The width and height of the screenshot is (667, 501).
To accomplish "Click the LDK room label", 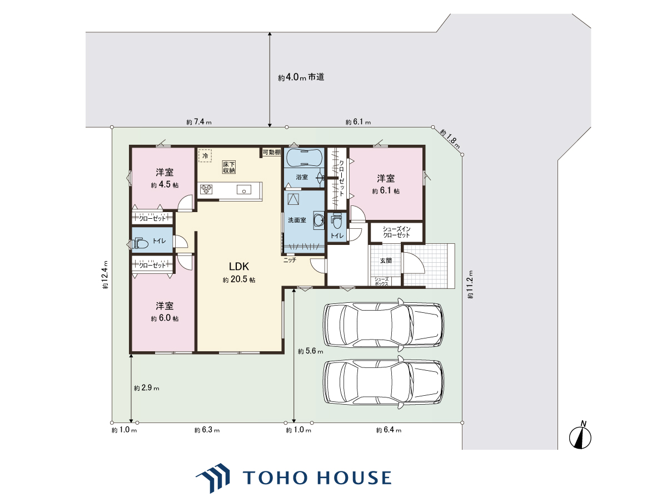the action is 239,267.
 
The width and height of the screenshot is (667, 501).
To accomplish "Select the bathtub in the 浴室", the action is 304,157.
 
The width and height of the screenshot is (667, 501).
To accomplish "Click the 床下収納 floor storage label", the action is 229,168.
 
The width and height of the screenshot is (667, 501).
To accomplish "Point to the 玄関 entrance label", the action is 386,261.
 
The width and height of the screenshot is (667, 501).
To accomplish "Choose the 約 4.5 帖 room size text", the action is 165,185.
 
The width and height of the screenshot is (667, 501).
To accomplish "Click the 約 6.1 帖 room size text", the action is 386,191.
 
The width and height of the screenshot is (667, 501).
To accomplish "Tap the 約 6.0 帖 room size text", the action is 165,318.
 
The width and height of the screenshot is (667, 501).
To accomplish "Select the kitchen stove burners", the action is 206,189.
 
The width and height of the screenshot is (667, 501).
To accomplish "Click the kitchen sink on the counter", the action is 243,189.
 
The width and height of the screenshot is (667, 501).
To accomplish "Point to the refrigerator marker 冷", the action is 205,155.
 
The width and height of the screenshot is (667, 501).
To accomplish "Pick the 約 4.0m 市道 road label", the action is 301,77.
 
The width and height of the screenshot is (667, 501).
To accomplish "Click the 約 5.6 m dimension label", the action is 310,351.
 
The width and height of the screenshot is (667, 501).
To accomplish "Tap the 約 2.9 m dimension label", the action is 147,388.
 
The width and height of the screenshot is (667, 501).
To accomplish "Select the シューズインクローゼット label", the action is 396,232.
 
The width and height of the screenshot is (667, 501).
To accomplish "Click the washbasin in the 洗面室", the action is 319,220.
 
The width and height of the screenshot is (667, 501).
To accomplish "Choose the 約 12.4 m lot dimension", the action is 105,274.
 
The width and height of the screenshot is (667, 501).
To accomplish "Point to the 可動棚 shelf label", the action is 272,152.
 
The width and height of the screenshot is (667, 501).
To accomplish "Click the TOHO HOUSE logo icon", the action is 213,478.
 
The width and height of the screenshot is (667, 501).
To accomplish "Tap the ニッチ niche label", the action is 290,260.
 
